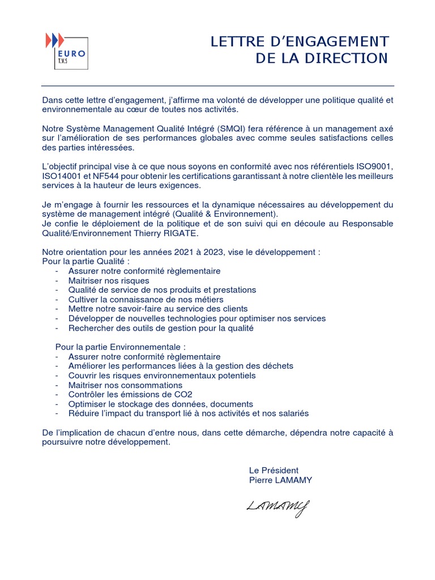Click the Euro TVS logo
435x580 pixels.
(66, 50)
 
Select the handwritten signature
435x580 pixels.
(278, 506)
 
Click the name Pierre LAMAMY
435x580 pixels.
(280, 480)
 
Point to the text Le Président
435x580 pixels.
(274, 470)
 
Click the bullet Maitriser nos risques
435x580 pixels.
(109, 280)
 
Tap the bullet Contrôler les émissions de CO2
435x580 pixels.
(130, 394)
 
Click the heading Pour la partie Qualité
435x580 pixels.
(86, 262)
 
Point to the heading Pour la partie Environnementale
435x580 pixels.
(120, 347)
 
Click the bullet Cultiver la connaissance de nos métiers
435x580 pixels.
(146, 299)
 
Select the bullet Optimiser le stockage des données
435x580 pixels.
(160, 404)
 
